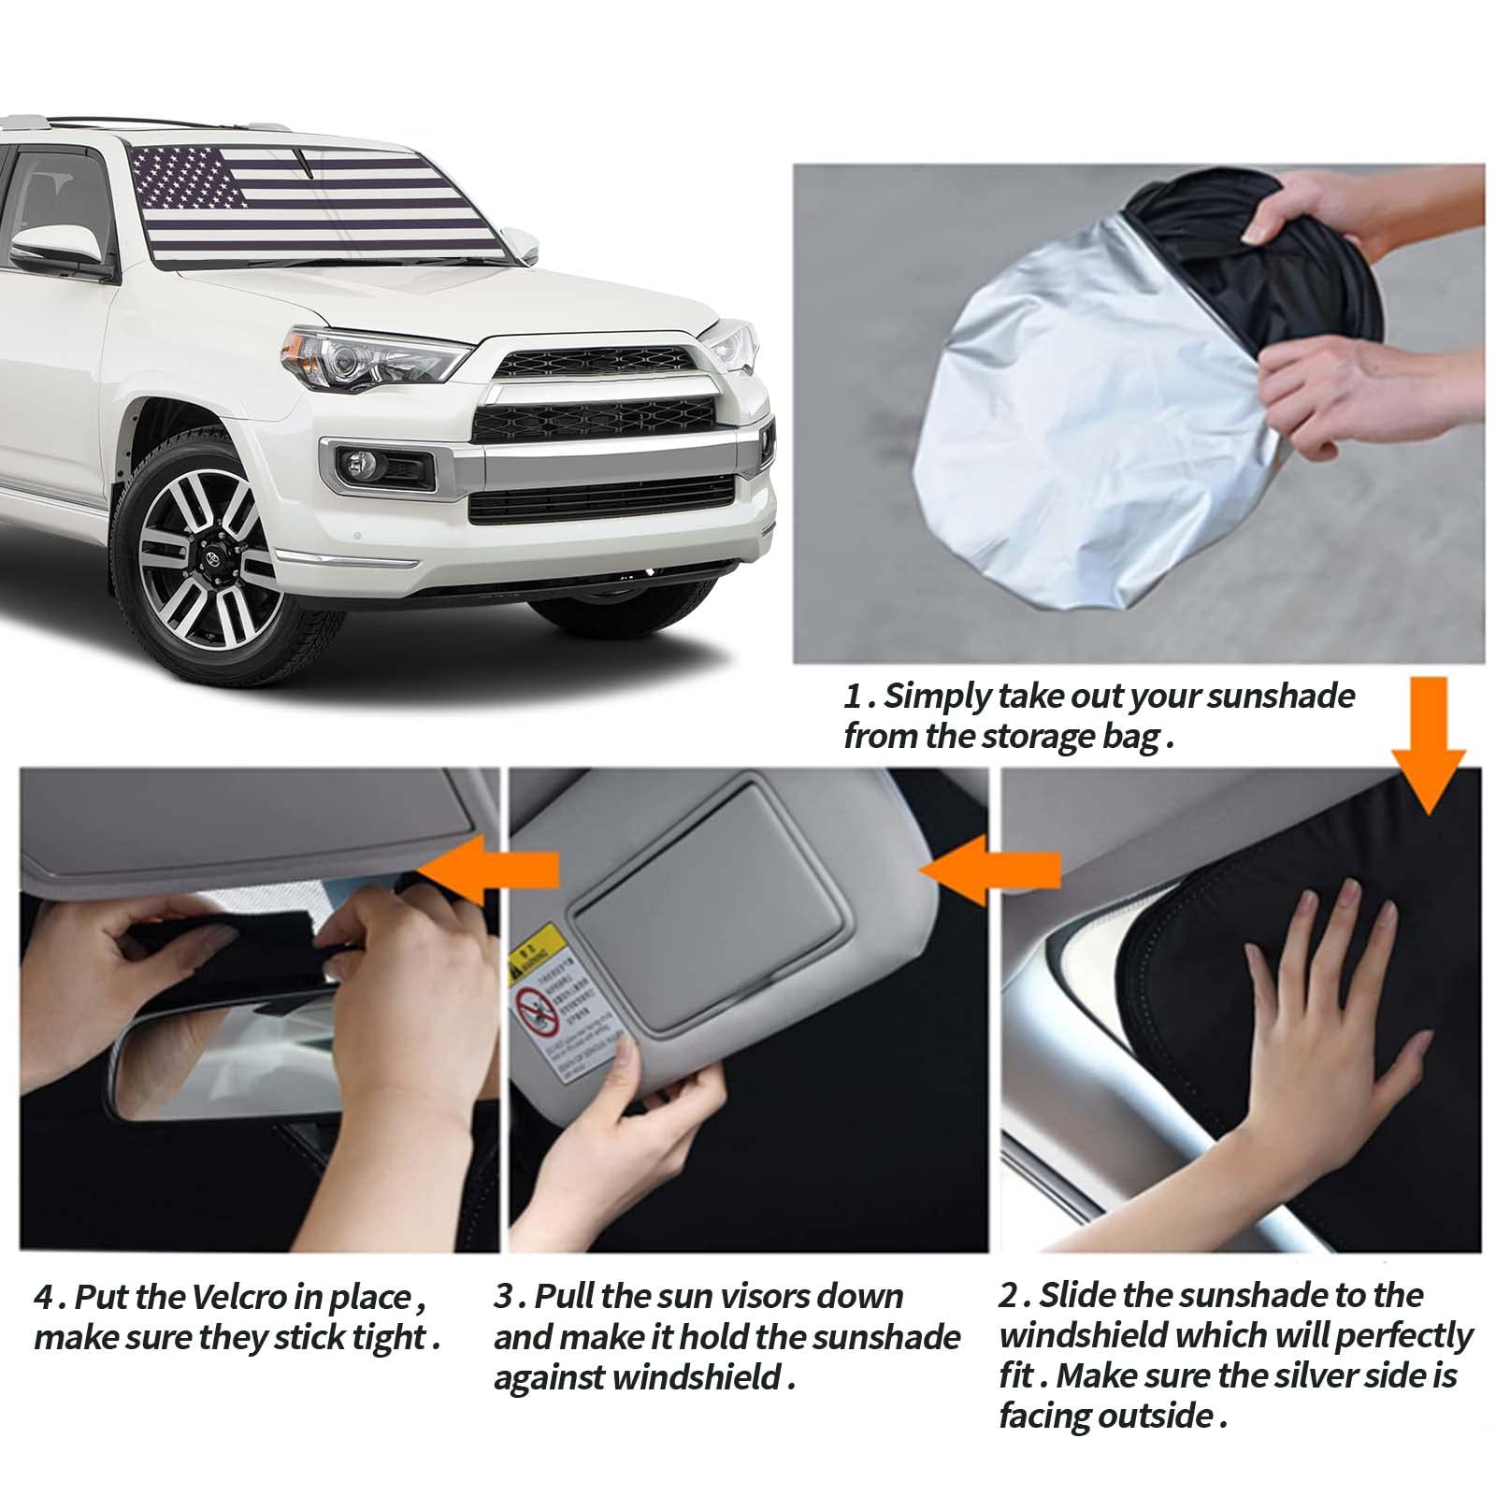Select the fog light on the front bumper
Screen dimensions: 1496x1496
(361, 463)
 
